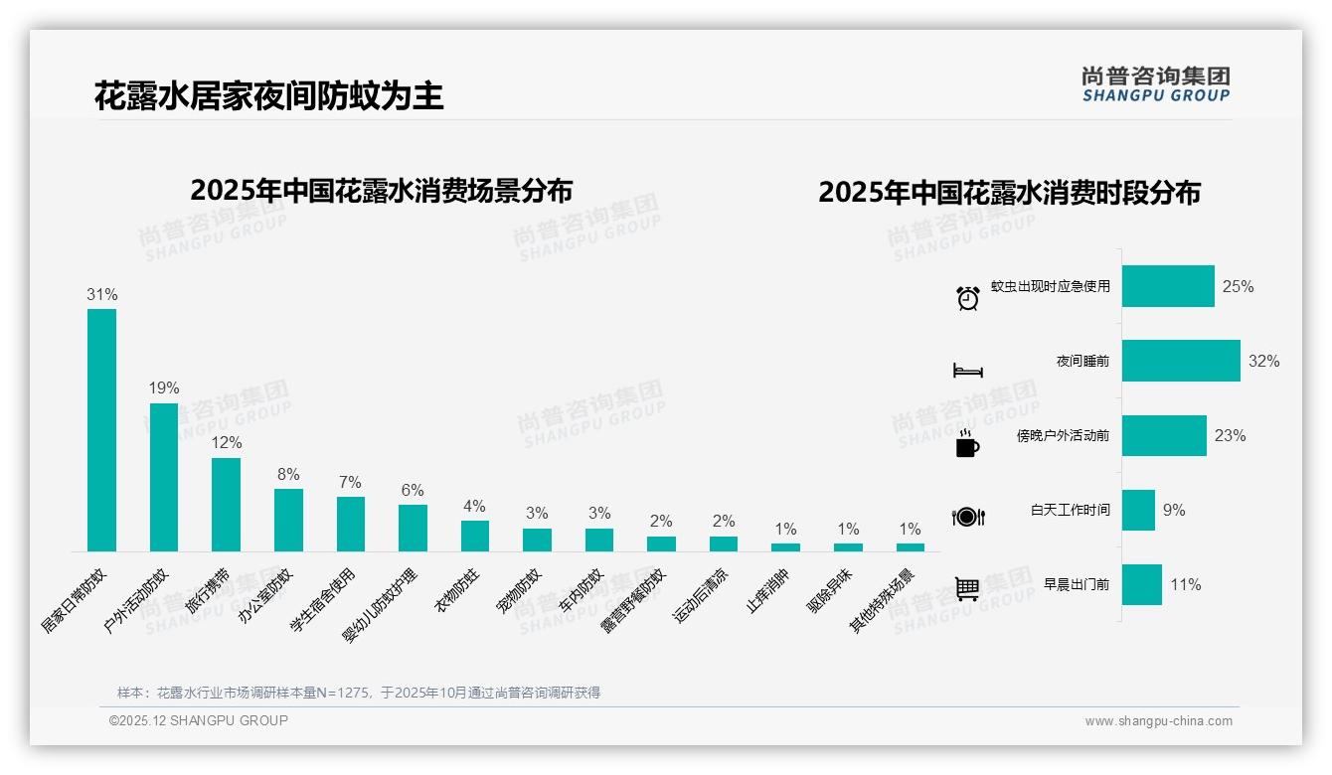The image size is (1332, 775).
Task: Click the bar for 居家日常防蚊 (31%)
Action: (x=101, y=429)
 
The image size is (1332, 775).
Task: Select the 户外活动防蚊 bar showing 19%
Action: (x=164, y=477)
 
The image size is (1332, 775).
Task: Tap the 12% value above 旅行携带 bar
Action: (x=226, y=443)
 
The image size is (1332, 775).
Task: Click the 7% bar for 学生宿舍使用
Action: (x=350, y=524)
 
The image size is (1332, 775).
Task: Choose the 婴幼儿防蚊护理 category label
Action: (x=381, y=606)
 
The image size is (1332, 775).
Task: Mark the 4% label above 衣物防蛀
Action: (x=474, y=507)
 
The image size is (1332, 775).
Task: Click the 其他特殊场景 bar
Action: (x=910, y=546)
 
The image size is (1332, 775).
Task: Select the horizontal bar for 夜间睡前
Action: (x=1181, y=361)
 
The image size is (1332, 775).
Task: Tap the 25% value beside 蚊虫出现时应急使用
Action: (x=1238, y=286)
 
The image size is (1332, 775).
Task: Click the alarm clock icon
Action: (x=968, y=298)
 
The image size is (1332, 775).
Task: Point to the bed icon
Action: (x=968, y=371)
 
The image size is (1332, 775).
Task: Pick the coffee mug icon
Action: (x=967, y=445)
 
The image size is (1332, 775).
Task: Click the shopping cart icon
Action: (x=967, y=588)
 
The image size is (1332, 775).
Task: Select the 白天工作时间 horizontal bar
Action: (x=1138, y=510)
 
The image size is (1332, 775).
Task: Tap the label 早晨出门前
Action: (x=1077, y=584)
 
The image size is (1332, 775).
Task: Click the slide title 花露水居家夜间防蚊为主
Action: (x=268, y=96)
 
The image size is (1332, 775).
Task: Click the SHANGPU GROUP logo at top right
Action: (x=1155, y=84)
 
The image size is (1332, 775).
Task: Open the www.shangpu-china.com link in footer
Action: (x=1158, y=721)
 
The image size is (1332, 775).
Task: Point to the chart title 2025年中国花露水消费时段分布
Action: (x=1009, y=192)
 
